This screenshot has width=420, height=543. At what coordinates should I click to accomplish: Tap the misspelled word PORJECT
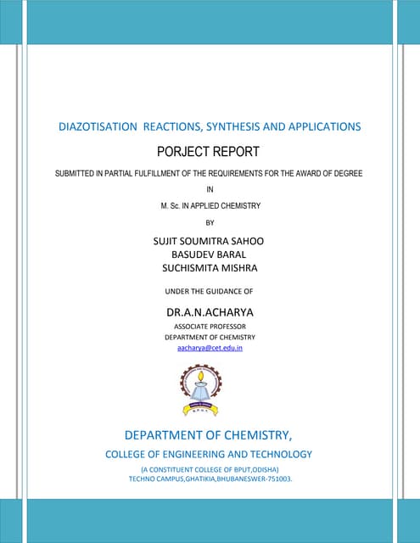[x=185, y=152]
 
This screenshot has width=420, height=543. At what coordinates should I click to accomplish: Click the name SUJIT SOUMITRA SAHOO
[x=209, y=241]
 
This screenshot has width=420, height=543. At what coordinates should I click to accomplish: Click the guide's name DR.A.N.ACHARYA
[x=210, y=311]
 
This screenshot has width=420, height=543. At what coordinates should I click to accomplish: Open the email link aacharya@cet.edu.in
[x=210, y=348]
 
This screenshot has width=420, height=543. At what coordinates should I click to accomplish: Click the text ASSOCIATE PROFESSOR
[x=210, y=326]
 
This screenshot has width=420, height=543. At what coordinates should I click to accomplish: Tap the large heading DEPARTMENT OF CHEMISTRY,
[x=209, y=435]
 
